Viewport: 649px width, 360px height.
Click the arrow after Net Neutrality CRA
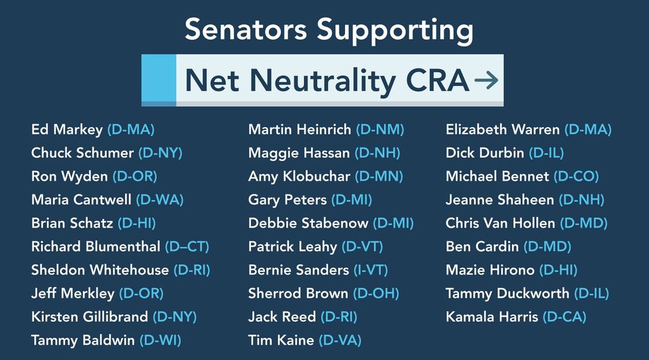pos(486,80)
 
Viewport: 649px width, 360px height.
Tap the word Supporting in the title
pos(395,30)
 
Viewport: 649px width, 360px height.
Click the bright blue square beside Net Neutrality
pos(159,78)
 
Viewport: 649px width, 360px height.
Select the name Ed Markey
pos(67,130)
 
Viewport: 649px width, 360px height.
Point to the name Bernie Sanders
pos(299,270)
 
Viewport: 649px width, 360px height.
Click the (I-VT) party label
pos(371,270)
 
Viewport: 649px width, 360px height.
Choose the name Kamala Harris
pos(491,317)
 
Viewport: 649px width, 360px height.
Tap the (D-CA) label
pos(564,317)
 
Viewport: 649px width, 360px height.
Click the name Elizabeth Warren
pos(503,130)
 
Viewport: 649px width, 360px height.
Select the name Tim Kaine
pos(281,340)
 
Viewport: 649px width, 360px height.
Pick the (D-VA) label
pos(340,340)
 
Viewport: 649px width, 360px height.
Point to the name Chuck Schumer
pos(82,153)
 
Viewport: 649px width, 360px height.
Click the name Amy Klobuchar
pos(299,177)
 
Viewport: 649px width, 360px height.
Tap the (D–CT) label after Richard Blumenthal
pos(187,247)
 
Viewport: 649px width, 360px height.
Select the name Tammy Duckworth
pos(507,294)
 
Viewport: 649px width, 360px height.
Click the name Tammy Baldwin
pos(83,341)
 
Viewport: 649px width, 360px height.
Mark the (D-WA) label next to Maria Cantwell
pos(160,200)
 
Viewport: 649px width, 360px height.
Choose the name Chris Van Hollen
pos(501,224)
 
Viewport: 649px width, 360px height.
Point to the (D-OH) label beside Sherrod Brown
pos(376,293)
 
